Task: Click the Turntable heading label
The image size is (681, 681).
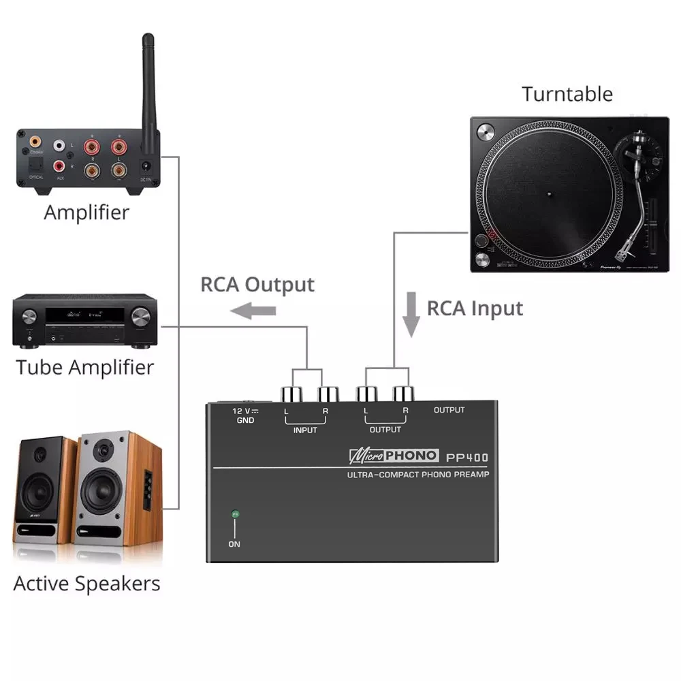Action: point(567,94)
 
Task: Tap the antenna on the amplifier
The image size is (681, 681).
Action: point(149,82)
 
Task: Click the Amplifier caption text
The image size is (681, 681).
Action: point(86,212)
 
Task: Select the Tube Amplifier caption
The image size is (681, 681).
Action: point(85,368)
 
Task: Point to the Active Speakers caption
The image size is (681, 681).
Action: point(86,584)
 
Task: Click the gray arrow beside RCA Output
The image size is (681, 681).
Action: point(253,311)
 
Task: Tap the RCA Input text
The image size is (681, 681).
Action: point(475,308)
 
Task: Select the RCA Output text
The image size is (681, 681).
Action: point(257,284)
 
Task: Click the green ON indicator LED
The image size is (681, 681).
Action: point(234,514)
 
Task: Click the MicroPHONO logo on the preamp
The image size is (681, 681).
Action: point(393,456)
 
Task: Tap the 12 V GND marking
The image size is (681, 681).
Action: point(244,415)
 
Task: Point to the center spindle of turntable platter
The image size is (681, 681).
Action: point(548,193)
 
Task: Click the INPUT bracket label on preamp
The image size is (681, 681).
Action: point(304,430)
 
